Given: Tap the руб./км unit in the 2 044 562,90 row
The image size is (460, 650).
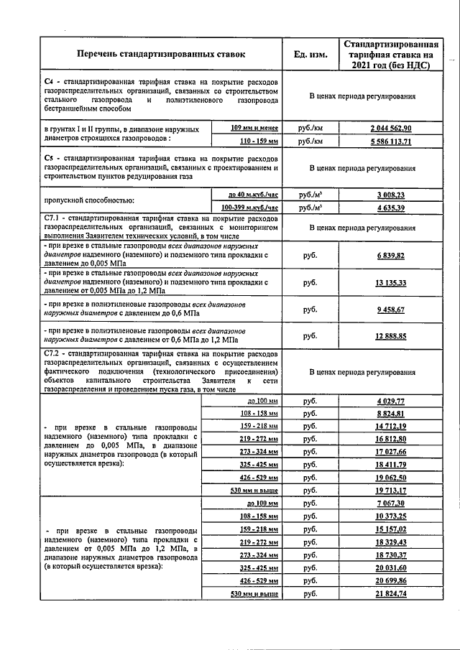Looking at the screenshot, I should pyautogui.click(x=310, y=128).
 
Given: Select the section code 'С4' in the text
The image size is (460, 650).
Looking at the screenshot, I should pyautogui.click(x=49, y=82).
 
